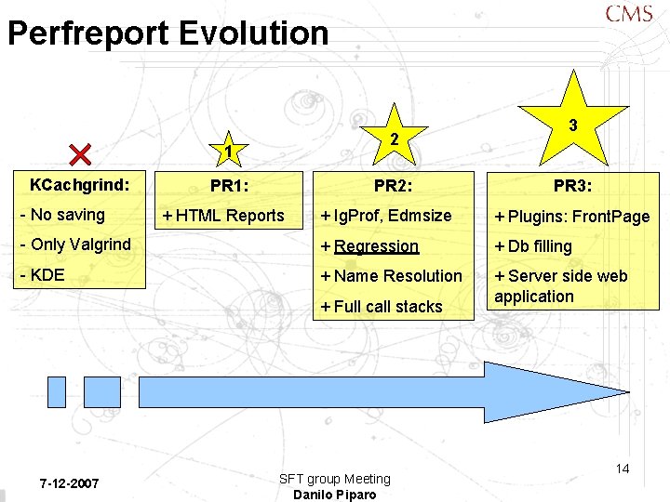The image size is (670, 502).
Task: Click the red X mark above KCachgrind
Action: (x=80, y=155)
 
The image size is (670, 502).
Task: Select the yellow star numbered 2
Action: (x=395, y=138)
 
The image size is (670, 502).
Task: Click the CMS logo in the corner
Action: (x=628, y=14)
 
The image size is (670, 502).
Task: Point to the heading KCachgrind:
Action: (x=79, y=184)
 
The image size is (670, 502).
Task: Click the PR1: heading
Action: (x=229, y=186)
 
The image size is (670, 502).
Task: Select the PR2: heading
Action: (x=394, y=186)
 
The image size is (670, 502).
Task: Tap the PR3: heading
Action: (x=573, y=186)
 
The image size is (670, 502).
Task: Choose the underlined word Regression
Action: (x=376, y=246)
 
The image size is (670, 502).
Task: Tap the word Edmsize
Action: (x=420, y=216)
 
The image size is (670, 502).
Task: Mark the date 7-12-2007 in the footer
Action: (x=70, y=484)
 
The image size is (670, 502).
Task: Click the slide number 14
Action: (x=623, y=469)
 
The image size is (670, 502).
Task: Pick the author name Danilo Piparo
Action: (x=334, y=495)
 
